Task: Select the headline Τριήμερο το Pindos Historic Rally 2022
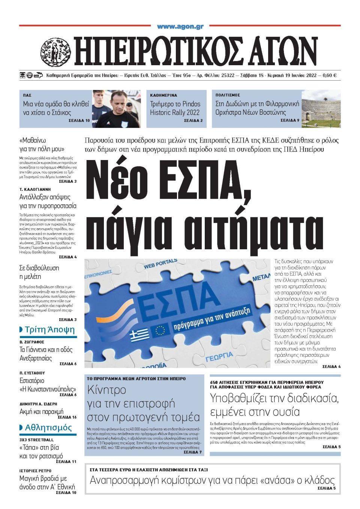coord(175,108)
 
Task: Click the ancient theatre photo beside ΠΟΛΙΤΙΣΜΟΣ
coord(321,108)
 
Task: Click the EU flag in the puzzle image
coord(160,330)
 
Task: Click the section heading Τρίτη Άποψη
coord(49,330)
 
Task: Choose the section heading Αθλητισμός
coord(48,428)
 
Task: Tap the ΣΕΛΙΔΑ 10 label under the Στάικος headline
coord(79,121)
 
